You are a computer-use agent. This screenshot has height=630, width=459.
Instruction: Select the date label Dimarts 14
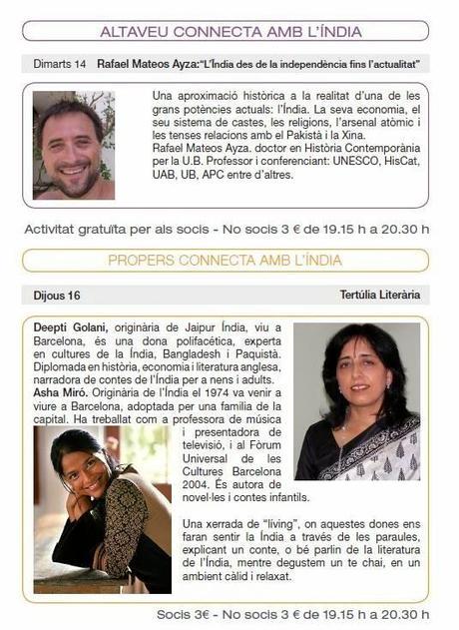click(59, 64)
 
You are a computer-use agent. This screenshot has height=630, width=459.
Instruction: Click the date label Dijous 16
click(52, 295)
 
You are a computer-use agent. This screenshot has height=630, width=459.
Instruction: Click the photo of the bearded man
click(74, 146)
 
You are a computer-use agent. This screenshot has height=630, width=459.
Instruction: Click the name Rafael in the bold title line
click(119, 64)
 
